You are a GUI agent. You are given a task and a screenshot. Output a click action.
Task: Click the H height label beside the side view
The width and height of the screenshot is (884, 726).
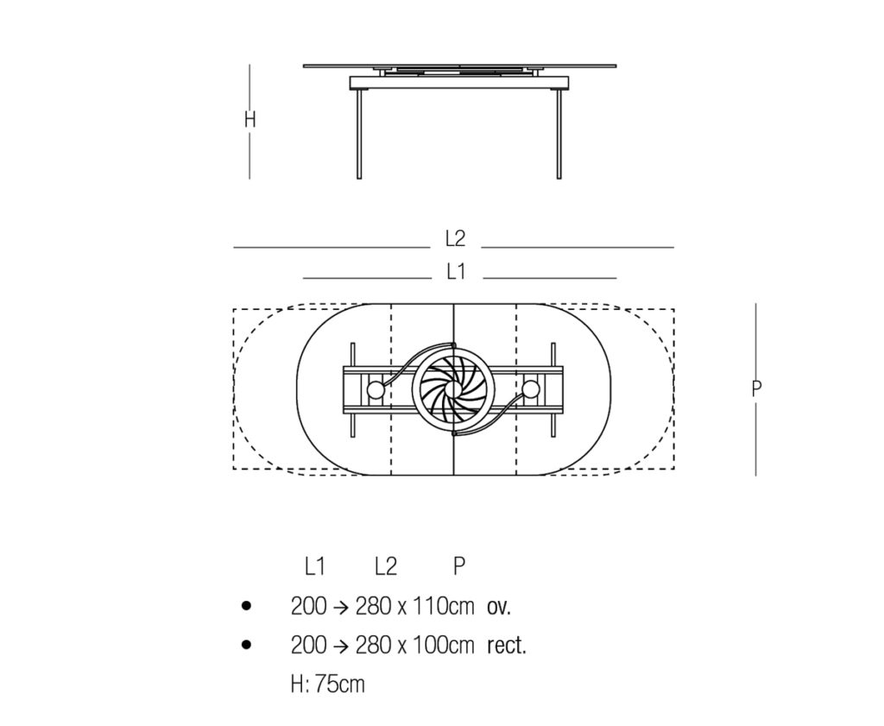[x=249, y=120]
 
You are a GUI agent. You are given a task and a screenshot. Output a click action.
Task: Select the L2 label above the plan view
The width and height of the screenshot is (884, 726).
[x=455, y=239]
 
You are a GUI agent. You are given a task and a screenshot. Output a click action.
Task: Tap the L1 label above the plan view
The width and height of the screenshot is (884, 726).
[x=456, y=271]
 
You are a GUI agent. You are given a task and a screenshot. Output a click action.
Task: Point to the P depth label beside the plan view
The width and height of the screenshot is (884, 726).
[x=756, y=388]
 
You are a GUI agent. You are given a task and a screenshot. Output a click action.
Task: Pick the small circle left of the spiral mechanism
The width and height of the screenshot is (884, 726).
[x=376, y=390]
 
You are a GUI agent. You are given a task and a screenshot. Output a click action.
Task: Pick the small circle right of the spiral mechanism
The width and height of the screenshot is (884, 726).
[x=532, y=390]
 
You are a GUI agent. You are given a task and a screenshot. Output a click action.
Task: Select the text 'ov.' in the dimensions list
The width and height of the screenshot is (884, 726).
[x=499, y=607]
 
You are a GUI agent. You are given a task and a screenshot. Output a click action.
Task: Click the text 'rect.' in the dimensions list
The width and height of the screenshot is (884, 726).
[x=507, y=646]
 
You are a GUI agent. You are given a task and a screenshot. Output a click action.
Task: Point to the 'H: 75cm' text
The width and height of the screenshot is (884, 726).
[x=328, y=685]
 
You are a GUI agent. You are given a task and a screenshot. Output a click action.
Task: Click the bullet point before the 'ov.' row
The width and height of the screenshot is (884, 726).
[x=247, y=607]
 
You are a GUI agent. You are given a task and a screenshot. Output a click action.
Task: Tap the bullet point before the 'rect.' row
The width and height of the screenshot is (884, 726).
[x=247, y=645]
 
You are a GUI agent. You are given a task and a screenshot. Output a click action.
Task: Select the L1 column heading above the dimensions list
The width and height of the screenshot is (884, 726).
[x=314, y=566]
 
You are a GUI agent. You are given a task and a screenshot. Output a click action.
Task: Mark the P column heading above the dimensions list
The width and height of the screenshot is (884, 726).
[x=459, y=566]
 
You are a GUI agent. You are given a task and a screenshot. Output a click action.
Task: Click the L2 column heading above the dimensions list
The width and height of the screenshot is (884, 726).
[x=386, y=566]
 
